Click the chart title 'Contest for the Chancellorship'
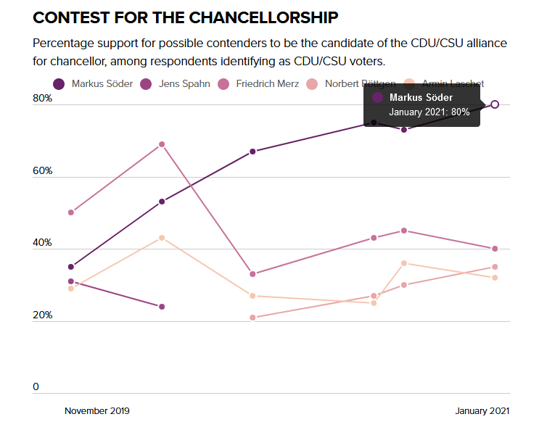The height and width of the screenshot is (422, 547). pos(186,17)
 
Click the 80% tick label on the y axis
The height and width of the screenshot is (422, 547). pos(42,99)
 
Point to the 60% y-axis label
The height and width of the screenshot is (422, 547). pos(42,171)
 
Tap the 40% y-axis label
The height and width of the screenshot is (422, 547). pos(42,243)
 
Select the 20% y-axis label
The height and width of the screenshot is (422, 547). pos(42,315)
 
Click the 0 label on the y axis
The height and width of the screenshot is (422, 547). pos(36,387)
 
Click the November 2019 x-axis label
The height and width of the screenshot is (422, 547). pos(96,411)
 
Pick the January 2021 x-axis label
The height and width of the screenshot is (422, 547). pos(482,411)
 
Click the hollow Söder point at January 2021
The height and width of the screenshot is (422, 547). pos(495,104)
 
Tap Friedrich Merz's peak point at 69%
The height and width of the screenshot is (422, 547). pos(162,144)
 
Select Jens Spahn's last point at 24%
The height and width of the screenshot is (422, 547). pos(162,307)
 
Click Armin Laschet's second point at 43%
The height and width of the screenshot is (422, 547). pos(162,238)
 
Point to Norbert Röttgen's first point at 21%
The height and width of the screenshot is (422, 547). pos(252,318)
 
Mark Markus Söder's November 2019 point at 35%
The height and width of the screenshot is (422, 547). pos(71,267)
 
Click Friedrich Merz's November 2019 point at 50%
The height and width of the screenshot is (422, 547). pos(71,212)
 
